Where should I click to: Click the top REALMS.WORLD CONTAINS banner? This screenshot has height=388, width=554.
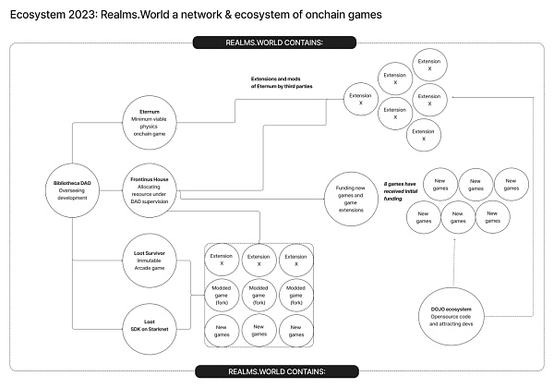[x=277, y=42]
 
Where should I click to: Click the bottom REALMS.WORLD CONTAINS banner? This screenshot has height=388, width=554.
[x=277, y=371]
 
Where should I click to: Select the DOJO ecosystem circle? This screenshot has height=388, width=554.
[x=451, y=314]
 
